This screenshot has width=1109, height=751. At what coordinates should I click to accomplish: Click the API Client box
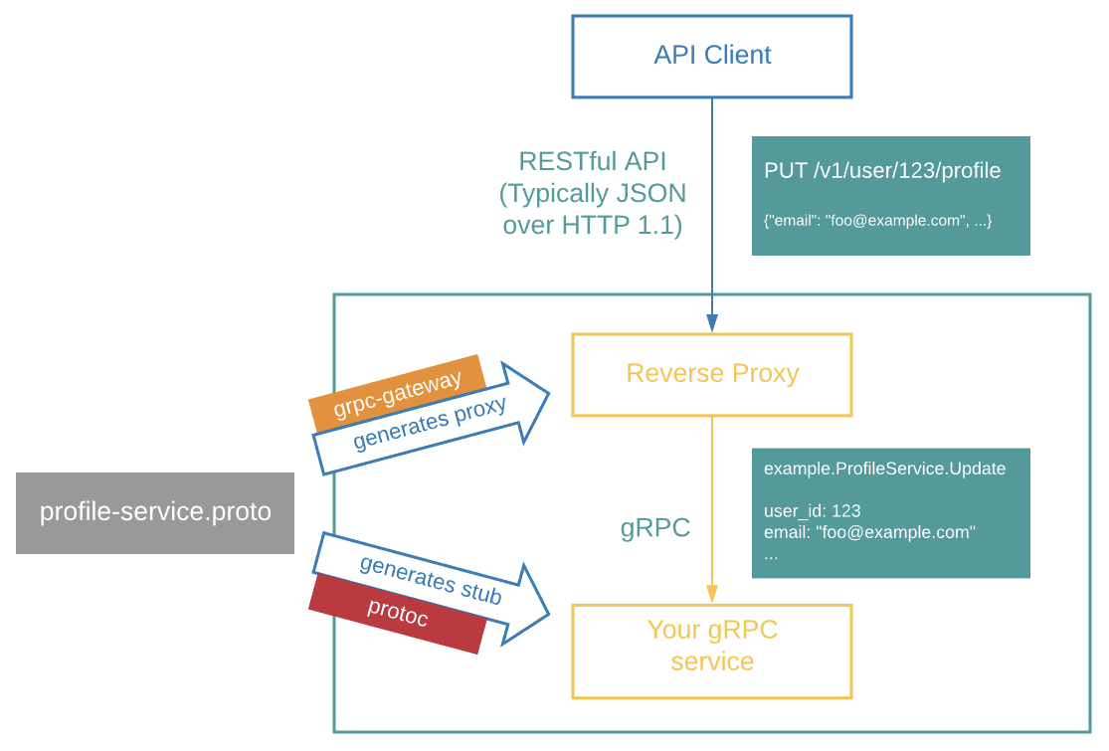coord(712,56)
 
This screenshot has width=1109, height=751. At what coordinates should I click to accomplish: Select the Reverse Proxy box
coord(712,374)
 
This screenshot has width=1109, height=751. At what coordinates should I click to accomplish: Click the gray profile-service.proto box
coord(155,513)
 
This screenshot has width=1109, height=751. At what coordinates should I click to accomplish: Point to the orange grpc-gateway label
coord(398,393)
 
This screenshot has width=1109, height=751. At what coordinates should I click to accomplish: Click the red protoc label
coord(397,613)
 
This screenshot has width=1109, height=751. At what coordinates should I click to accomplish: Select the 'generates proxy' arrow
coord(438,421)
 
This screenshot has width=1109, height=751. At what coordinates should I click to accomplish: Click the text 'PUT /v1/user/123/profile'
coord(882,171)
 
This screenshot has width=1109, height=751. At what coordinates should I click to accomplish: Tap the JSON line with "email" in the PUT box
coord(877,220)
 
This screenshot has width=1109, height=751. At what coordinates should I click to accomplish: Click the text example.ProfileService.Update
coord(884,469)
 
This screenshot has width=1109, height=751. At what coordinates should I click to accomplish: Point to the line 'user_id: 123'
coord(812,510)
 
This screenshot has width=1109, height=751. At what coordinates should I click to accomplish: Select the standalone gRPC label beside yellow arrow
coord(655,528)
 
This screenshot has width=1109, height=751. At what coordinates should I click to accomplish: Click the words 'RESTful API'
coord(593,162)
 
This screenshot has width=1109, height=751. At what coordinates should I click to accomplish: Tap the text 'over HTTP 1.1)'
coord(593,225)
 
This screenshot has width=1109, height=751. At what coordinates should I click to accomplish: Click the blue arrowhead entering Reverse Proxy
coord(712,322)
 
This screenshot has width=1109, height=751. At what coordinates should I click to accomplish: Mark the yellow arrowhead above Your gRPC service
coord(712,593)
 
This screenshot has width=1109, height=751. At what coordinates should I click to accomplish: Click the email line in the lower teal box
coord(869,532)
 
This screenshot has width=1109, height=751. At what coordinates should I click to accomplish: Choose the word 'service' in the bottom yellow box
coord(712,661)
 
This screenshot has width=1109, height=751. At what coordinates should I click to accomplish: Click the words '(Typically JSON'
coord(593,193)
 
